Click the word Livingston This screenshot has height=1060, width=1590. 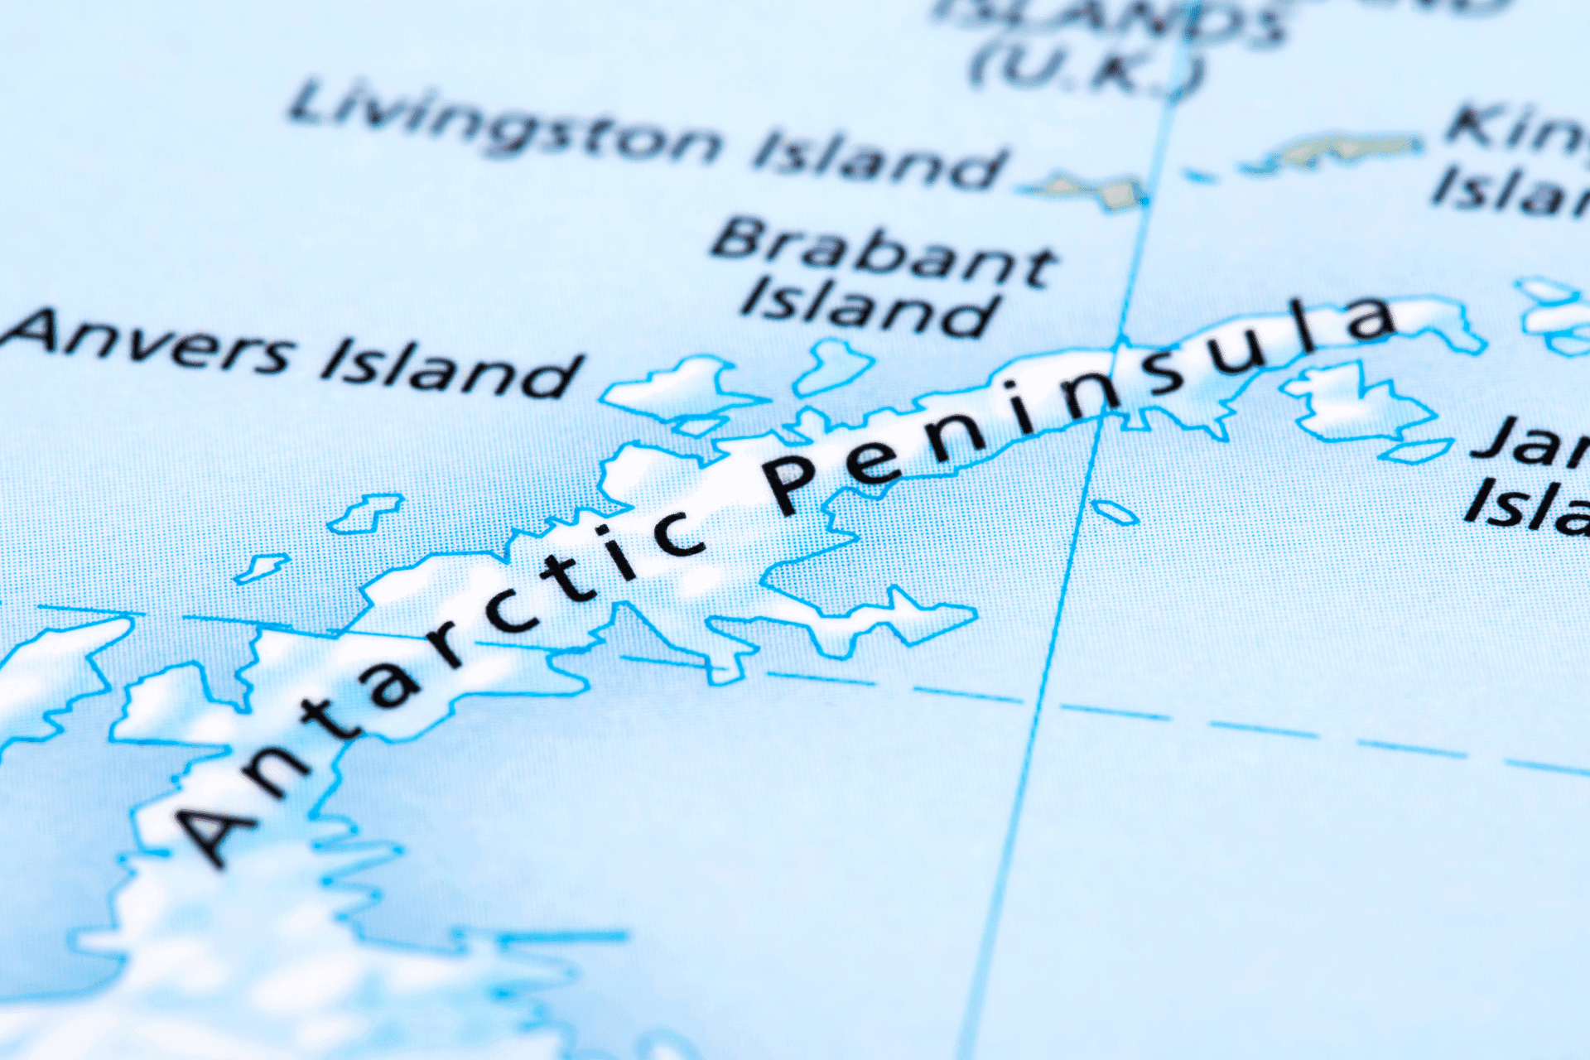[505, 124]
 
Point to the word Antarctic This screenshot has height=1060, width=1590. [439, 679]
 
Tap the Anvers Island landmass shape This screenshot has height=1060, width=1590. [679, 389]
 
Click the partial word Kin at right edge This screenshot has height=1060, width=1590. [1515, 132]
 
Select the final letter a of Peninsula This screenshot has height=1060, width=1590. [1371, 319]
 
